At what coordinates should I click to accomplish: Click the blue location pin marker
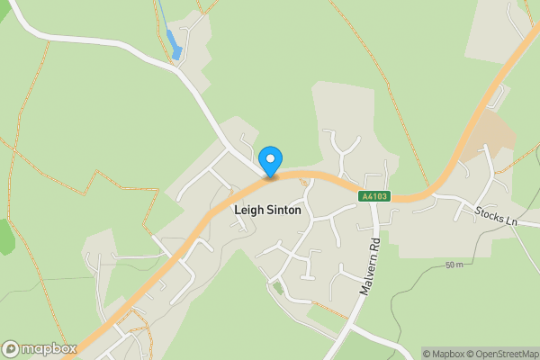coord(271,162)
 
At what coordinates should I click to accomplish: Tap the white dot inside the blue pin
coord(271,158)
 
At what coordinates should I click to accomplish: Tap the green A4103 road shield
coord(374,196)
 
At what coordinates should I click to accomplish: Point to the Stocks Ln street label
coord(497,215)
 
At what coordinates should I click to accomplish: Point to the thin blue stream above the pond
coord(162,13)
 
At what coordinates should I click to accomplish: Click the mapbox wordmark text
coord(49,348)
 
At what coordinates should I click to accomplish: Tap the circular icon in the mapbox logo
coord(11,348)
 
